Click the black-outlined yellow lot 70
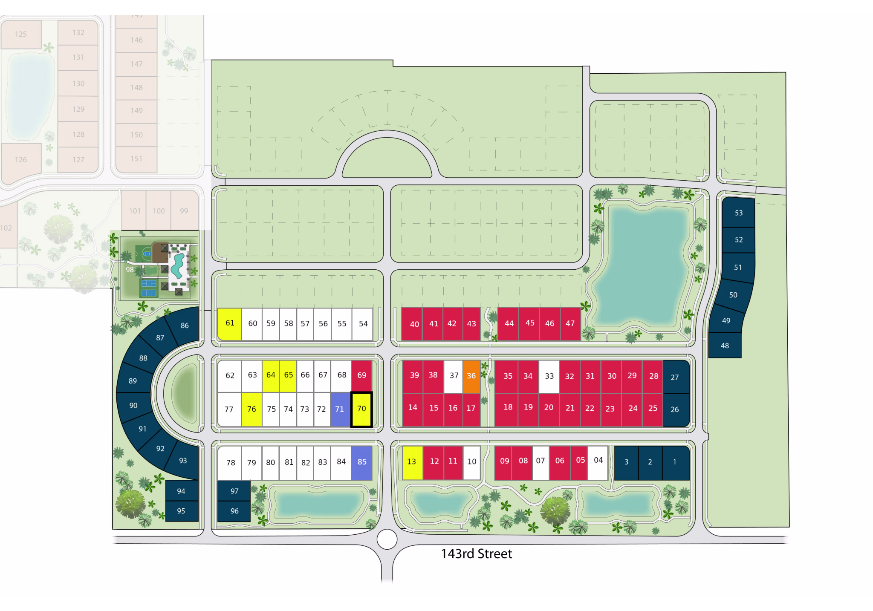361,409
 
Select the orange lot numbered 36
471,376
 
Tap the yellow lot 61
230,324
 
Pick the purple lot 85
362,462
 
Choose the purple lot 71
340,409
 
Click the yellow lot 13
412,462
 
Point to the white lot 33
549,377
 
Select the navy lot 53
738,213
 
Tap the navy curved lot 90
134,405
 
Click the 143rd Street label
476,553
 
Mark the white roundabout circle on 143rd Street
387,539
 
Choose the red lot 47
570,324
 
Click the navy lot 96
234,511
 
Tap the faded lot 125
21,34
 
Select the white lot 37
454,376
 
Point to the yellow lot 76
251,409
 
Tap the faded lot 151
136,159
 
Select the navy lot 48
725,346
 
